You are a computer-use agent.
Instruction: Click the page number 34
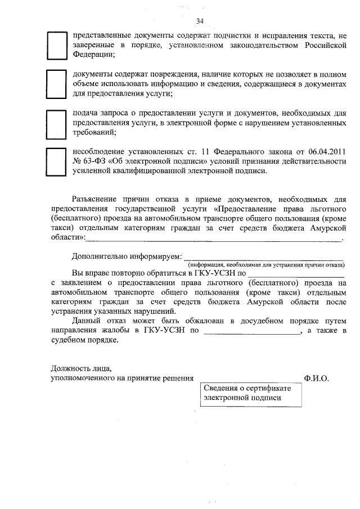point(200,21)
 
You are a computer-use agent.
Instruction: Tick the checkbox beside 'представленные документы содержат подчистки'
point(56,46)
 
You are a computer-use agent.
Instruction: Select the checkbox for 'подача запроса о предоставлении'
point(56,123)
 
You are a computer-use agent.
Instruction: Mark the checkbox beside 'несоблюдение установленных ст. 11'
point(56,162)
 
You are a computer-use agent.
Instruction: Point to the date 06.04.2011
point(326,151)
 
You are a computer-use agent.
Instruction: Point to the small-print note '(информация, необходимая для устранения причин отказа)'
point(265,264)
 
